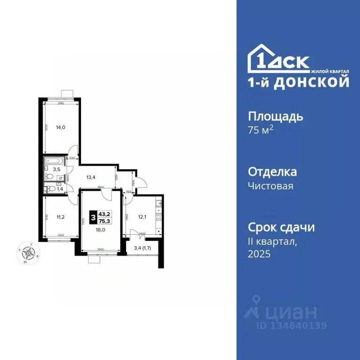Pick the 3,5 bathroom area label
[56, 169]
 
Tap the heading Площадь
[275, 116]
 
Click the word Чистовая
[270, 186]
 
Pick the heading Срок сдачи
[281, 228]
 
